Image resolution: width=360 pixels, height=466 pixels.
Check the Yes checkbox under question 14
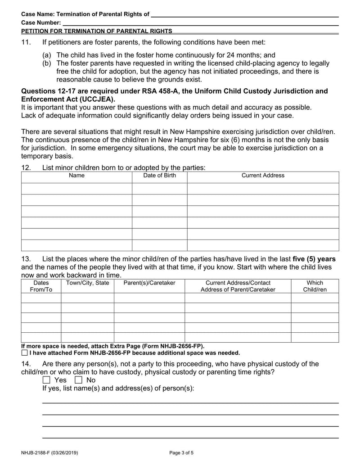(46, 380)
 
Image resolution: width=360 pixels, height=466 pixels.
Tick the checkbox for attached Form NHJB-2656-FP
(24, 353)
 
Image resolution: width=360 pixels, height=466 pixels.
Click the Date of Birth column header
(159, 176)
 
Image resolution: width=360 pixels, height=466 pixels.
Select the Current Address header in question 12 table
(263, 176)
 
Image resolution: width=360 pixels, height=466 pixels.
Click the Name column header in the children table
(76, 176)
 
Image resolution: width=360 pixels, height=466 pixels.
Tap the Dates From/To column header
(41, 286)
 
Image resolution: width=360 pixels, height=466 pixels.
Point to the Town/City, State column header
(87, 283)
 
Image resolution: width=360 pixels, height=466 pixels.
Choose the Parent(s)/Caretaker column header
(149, 283)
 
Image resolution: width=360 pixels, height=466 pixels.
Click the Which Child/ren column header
(315, 286)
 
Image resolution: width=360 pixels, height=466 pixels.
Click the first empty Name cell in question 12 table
(76, 189)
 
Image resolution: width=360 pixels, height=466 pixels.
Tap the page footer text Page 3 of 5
(181, 453)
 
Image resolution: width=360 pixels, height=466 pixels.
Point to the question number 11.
(26, 42)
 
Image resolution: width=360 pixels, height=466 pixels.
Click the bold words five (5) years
(314, 259)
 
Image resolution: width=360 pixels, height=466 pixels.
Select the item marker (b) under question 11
(47, 63)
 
